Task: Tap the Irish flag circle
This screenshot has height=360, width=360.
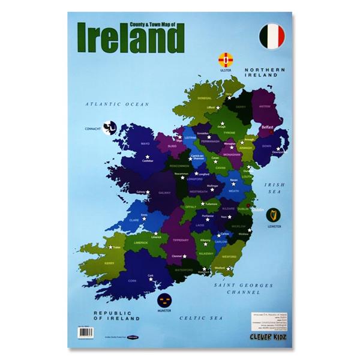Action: pyautogui.click(x=272, y=37)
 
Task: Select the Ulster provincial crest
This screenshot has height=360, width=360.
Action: pyautogui.click(x=226, y=60)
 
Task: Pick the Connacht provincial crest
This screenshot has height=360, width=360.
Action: pyautogui.click(x=109, y=127)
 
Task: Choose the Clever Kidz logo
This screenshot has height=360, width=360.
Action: pyautogui.click(x=266, y=336)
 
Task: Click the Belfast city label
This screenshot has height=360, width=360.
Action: pyautogui.click(x=267, y=127)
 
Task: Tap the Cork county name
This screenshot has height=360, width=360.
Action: pyautogui.click(x=132, y=280)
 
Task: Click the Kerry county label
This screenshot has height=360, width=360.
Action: pyautogui.click(x=109, y=262)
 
